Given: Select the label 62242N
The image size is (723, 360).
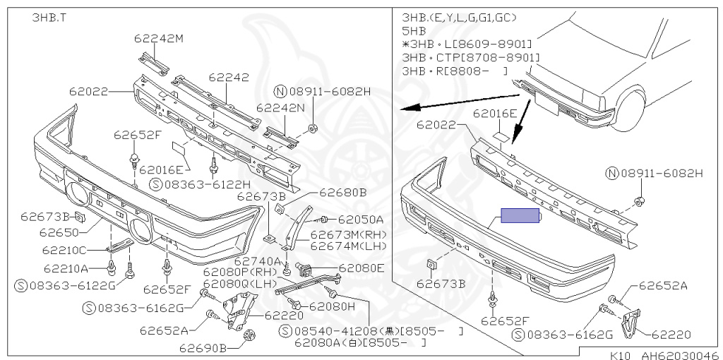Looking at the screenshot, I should coord(280,108).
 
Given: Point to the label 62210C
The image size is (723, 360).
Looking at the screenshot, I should coord(64,250).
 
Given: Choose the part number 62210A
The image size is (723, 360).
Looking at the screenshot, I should coord(66,268).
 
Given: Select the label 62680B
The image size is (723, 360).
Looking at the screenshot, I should coord(342,192).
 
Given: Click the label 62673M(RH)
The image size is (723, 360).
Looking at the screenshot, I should coord(349,234).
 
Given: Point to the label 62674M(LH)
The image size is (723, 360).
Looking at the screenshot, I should coord(349,246).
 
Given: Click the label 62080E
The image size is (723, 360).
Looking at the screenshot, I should coord(361,268).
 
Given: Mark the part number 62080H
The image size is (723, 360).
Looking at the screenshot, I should coord(332,306).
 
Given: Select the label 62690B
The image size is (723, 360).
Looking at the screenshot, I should coord(203,348).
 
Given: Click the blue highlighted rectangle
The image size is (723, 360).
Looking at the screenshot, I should coord(520,215).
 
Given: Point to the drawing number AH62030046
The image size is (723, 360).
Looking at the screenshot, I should coord(679,356).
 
